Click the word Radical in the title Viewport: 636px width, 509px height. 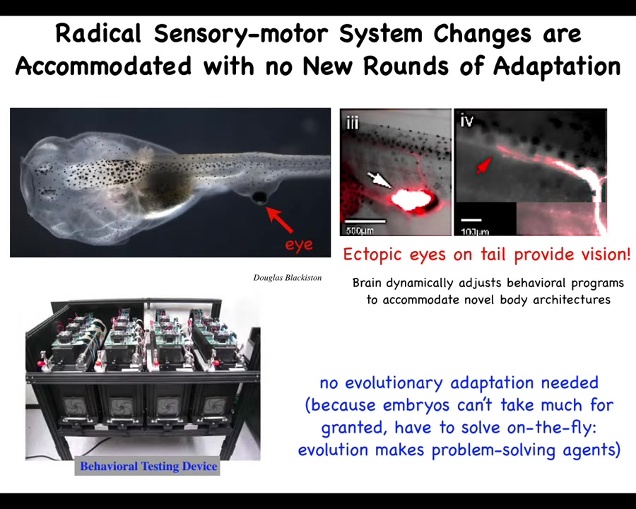[98, 33]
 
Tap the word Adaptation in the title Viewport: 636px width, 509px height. [557, 66]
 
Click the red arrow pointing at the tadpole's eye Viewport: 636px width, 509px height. [279, 220]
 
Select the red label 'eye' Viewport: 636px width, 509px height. [300, 245]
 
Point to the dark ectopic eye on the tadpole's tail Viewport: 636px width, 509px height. [259, 197]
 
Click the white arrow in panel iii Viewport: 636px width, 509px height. [379, 180]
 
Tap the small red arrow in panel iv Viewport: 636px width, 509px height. [484, 165]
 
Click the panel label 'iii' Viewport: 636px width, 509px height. [352, 122]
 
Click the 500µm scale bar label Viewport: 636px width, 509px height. [360, 231]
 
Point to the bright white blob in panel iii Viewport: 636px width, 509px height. [410, 199]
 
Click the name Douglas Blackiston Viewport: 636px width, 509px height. [288, 278]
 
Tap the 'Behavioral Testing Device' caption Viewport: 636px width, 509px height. [148, 466]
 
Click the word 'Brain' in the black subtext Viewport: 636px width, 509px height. [367, 283]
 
